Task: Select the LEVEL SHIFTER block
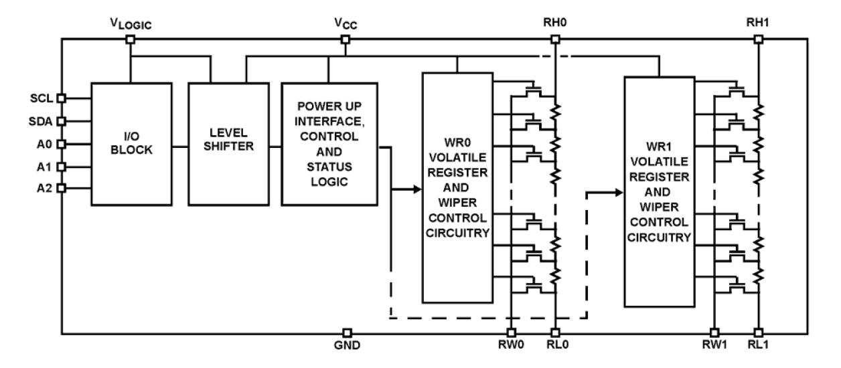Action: (x=228, y=143)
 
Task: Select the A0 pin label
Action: (x=45, y=144)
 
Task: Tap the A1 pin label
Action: (x=45, y=166)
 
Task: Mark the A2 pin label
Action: (x=45, y=188)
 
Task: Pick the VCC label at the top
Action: (x=344, y=23)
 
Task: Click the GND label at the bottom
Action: (x=347, y=348)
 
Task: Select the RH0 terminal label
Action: (x=554, y=23)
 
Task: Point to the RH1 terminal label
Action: (x=757, y=23)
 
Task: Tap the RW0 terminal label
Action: (x=510, y=348)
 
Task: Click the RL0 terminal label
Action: (x=556, y=348)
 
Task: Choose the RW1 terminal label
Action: (x=713, y=348)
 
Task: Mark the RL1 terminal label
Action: (x=759, y=348)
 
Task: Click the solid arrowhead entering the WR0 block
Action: (x=416, y=189)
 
